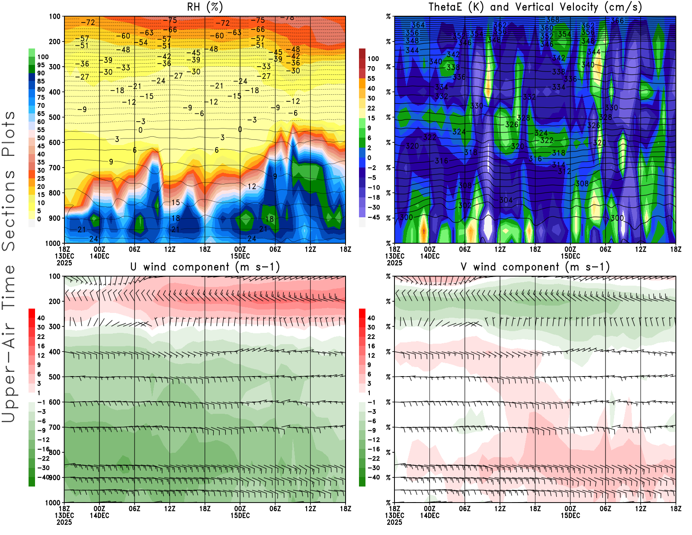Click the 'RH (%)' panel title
point(205,7)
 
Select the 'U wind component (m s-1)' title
point(205,267)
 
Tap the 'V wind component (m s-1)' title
point(535,267)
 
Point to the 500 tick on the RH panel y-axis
point(54,117)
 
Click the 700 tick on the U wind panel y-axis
point(54,427)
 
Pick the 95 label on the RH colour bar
point(41,65)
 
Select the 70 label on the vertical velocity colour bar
point(371,68)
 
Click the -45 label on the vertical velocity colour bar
point(373,217)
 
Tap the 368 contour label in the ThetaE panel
point(553,19)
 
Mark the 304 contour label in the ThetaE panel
point(506,200)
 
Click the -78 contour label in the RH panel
point(287,18)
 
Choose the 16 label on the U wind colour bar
point(41,346)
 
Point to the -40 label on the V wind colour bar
point(373,477)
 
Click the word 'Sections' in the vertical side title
point(9,211)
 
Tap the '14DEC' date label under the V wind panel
point(429,516)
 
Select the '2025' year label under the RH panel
point(64,263)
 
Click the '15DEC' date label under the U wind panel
point(240,516)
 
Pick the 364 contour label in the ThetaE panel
point(418,25)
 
